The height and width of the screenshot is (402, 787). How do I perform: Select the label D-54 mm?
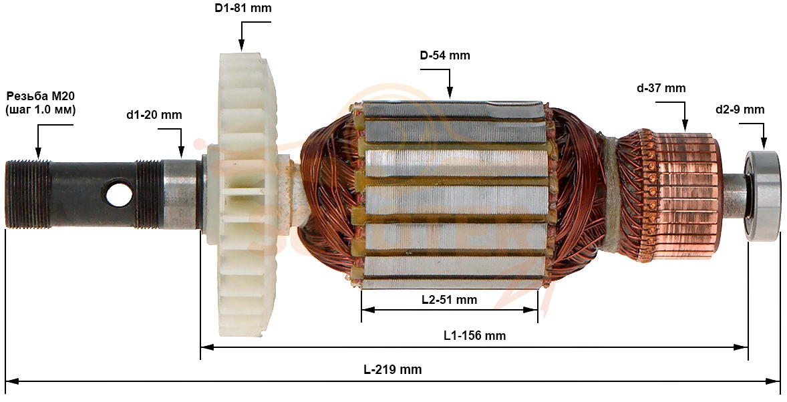pos(445,55)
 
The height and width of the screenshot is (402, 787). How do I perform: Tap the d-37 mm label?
pos(661,88)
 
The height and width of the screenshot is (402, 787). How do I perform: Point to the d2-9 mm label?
pos(740,110)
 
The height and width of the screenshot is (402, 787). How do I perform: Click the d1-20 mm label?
pos(154,115)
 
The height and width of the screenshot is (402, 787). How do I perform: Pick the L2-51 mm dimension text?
pos(449,300)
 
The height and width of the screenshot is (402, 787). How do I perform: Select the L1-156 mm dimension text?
pos(475,335)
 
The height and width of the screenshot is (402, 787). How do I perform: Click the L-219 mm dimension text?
pos(393,370)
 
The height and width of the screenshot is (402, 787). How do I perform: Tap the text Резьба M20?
pos(40,95)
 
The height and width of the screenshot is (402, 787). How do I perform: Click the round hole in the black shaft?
pos(118,192)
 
